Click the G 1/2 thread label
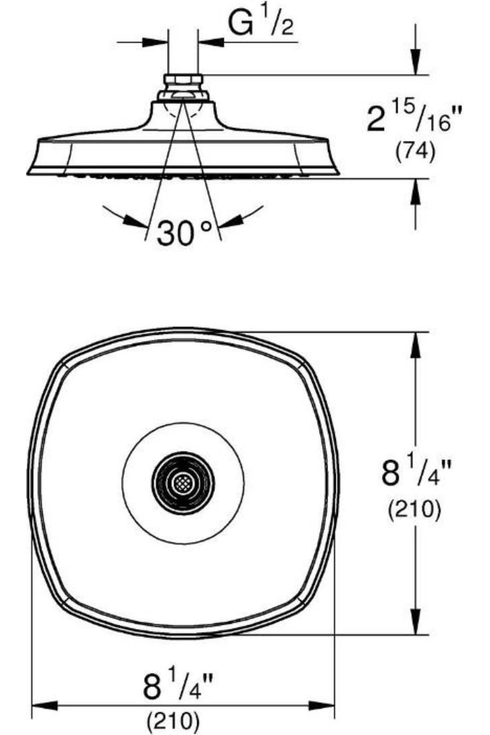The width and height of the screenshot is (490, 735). click(261, 24)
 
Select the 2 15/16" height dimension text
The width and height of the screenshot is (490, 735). click(409, 118)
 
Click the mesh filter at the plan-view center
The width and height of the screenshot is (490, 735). click(183, 483)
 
